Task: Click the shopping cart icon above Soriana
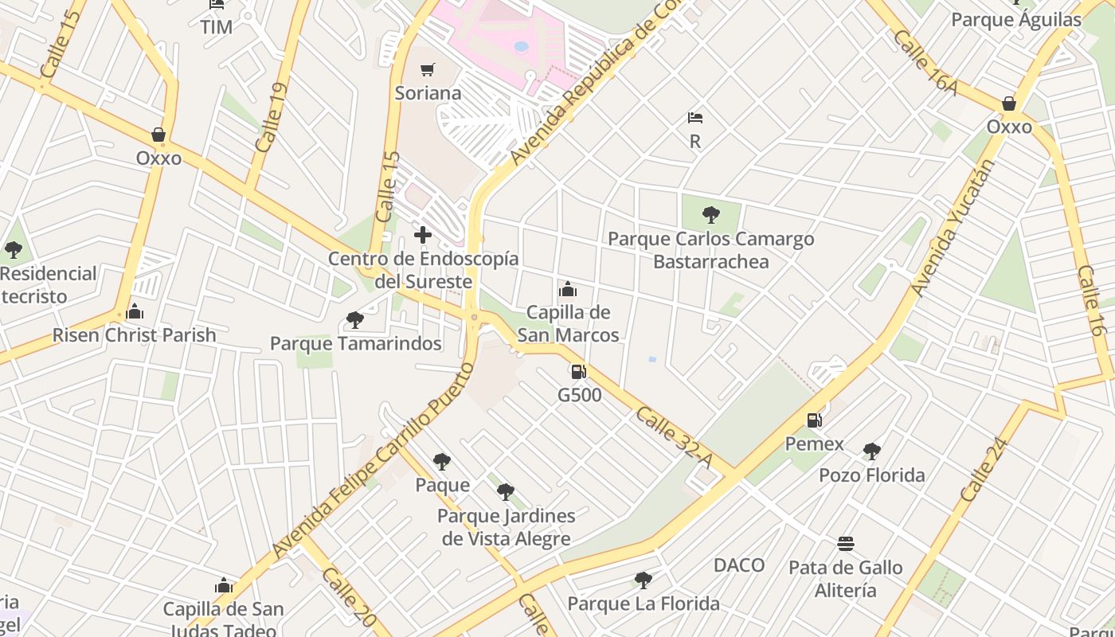428,70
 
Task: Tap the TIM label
217,27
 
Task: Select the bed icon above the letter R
695,118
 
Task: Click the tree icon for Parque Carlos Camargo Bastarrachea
711,215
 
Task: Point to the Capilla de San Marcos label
568,323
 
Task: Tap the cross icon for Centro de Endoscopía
423,235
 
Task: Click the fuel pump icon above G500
579,371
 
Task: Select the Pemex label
814,444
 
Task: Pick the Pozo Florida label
872,475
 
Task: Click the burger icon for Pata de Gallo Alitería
846,544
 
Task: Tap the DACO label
739,565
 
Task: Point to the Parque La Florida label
644,604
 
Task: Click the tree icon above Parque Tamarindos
355,320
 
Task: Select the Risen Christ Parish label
135,334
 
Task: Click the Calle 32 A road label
674,437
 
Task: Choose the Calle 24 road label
984,470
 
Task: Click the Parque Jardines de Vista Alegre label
507,527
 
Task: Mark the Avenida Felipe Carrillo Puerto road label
374,461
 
